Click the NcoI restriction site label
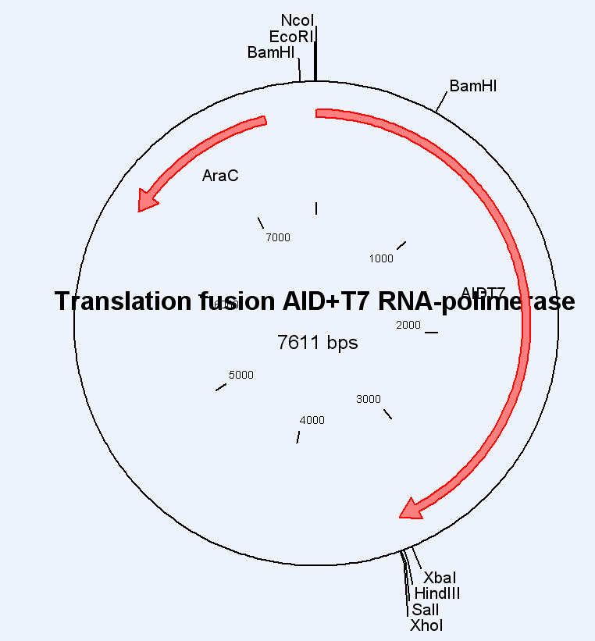297,20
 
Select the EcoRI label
292,37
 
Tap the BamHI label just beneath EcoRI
271,53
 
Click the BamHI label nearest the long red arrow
472,86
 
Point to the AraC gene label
220,176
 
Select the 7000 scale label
277,237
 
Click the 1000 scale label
381,258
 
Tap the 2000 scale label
408,325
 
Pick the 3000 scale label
369,399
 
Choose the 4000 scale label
312,420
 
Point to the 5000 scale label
241,375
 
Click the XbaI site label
440,578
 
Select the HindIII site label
436,594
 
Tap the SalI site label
426,610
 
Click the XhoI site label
426,625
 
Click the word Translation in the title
125,301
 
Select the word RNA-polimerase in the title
493,301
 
